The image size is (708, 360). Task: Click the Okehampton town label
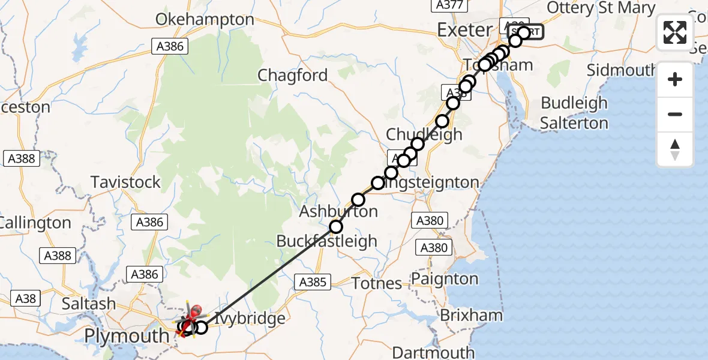(205, 19)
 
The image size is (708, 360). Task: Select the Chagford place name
(293, 76)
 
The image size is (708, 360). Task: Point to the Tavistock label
(125, 182)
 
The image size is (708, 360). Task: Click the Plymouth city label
(126, 336)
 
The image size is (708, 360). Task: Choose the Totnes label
(376, 283)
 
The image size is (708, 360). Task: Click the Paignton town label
(445, 279)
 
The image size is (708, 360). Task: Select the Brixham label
(463, 316)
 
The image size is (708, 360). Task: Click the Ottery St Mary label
(601, 8)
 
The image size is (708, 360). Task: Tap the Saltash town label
(89, 304)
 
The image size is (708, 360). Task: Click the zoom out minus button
(675, 114)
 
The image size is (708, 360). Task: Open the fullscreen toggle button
(675, 32)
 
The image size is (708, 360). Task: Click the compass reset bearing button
(675, 149)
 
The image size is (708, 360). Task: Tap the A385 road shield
(313, 281)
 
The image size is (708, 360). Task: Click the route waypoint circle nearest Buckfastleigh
(336, 227)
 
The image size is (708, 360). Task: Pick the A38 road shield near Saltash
(26, 298)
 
